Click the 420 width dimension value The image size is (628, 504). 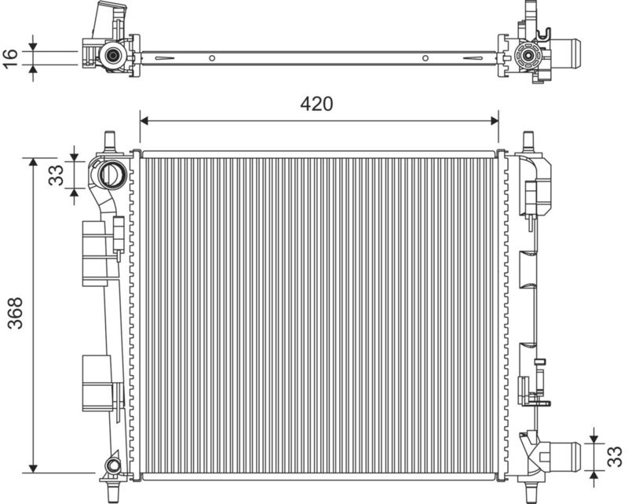[316, 104]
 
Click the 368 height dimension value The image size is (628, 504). [16, 313]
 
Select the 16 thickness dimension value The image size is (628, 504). [10, 59]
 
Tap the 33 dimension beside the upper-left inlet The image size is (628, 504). [56, 175]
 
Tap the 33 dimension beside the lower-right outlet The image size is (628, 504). [615, 457]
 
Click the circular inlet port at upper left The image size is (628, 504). [112, 174]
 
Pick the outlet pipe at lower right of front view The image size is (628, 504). [564, 457]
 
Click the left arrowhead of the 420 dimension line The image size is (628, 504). [144, 120]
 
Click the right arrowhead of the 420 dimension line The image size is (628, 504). [495, 120]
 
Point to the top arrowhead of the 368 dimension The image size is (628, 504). [33, 162]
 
